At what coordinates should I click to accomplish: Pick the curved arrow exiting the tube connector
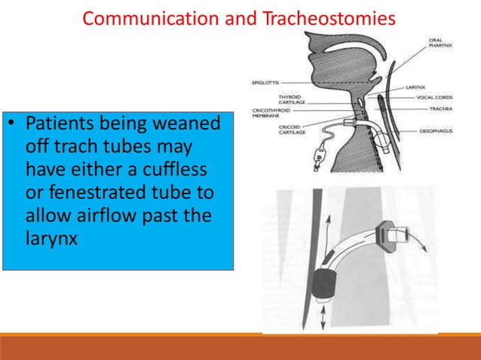(411, 241)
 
